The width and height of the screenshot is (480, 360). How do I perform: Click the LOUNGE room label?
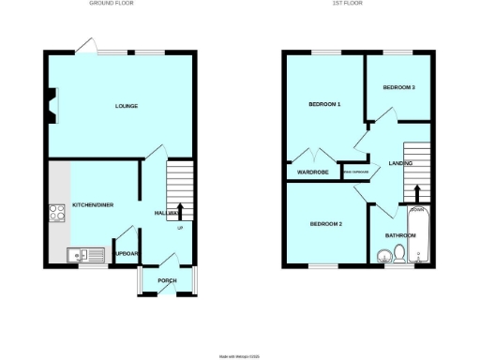tap(127, 106)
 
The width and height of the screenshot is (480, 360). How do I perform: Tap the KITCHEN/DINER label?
tap(92, 204)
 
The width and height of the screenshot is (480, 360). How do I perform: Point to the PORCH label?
tap(167, 280)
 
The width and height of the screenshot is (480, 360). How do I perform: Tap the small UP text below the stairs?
tap(179, 228)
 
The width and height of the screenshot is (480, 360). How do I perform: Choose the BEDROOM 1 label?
tap(324, 104)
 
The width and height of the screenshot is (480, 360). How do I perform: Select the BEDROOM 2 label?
tap(325, 223)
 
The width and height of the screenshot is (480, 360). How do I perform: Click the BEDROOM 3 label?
tap(398, 87)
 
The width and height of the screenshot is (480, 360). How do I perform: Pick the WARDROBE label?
tap(310, 172)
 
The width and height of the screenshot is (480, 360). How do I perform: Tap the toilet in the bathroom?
tap(400, 254)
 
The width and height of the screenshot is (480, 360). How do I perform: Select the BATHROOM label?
tap(399, 234)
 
